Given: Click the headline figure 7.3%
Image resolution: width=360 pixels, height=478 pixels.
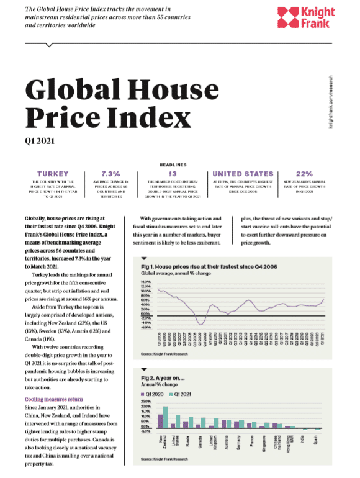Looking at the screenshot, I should coord(113,174).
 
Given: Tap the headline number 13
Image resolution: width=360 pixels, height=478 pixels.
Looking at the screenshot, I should coord(173,174).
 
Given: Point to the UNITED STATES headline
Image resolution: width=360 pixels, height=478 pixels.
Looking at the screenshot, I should coord(243,174).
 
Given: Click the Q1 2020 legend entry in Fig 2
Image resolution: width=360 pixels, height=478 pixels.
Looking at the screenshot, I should coord(156,394).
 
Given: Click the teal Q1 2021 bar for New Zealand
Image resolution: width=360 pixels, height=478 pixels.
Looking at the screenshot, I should coord(165,417).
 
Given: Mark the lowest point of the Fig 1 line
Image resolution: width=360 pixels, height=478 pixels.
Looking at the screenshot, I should coord(200,323).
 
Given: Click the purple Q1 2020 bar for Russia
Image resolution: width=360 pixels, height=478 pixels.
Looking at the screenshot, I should coord(186,424).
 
